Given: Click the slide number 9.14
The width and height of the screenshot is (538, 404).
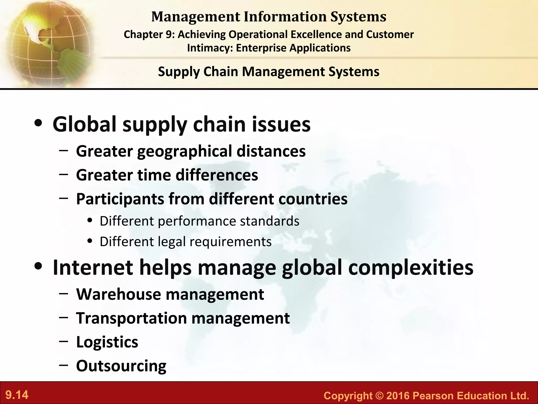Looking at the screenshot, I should click(17, 395).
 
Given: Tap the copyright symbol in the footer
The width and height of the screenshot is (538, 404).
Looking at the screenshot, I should click(380, 396).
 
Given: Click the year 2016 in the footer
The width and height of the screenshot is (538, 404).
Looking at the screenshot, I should click(398, 396).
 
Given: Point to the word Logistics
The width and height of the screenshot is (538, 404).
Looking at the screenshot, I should click(107, 342).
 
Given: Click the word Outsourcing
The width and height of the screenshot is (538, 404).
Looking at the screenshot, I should click(121, 366).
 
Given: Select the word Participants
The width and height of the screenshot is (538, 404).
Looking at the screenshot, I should click(120, 199).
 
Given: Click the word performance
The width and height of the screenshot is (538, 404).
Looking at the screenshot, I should click(197, 221).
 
